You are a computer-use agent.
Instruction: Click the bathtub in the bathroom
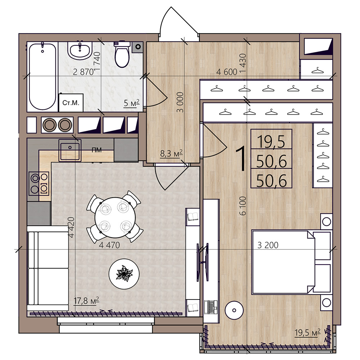tap(42, 77)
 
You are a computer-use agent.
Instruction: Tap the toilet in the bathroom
tap(122, 54)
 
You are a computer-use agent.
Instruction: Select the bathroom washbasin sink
tap(80, 50)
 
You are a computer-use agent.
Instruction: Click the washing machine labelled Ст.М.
tap(71, 103)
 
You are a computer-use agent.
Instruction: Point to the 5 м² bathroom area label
tap(131, 103)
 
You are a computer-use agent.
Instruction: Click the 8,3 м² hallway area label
tap(171, 153)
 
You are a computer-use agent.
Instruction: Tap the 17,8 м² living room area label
tap(86, 300)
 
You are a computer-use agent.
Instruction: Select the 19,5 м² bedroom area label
tap(307, 332)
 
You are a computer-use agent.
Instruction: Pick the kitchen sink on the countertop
tap(70, 150)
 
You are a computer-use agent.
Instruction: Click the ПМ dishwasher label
tap(96, 150)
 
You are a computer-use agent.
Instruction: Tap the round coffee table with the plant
tap(124, 274)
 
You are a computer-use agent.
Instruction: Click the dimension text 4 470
tap(109, 245)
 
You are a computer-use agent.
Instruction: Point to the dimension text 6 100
tap(243, 206)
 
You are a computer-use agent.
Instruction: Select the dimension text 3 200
tap(268, 245)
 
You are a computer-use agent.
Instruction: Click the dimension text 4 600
tap(226, 72)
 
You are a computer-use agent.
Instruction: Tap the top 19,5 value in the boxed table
tap(271, 141)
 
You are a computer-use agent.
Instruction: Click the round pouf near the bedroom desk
tap(234, 310)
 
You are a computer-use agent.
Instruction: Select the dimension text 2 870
tap(84, 72)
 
